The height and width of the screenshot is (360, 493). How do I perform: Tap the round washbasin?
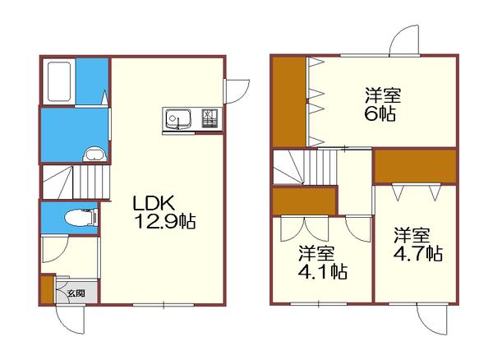[x=94, y=153]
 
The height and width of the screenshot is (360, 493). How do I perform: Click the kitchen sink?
[x=178, y=118]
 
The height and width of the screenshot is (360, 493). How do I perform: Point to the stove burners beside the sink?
[x=209, y=118]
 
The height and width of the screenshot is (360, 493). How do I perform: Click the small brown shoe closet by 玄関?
[x=47, y=290]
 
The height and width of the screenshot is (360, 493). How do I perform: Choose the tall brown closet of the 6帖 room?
[x=289, y=99]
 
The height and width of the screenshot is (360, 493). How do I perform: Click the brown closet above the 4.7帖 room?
[x=414, y=166]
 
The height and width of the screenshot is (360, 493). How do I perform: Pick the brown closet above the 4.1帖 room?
[x=303, y=200]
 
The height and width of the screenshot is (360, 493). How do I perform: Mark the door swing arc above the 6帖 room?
[x=404, y=39]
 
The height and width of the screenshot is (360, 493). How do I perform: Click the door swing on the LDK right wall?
[x=237, y=90]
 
